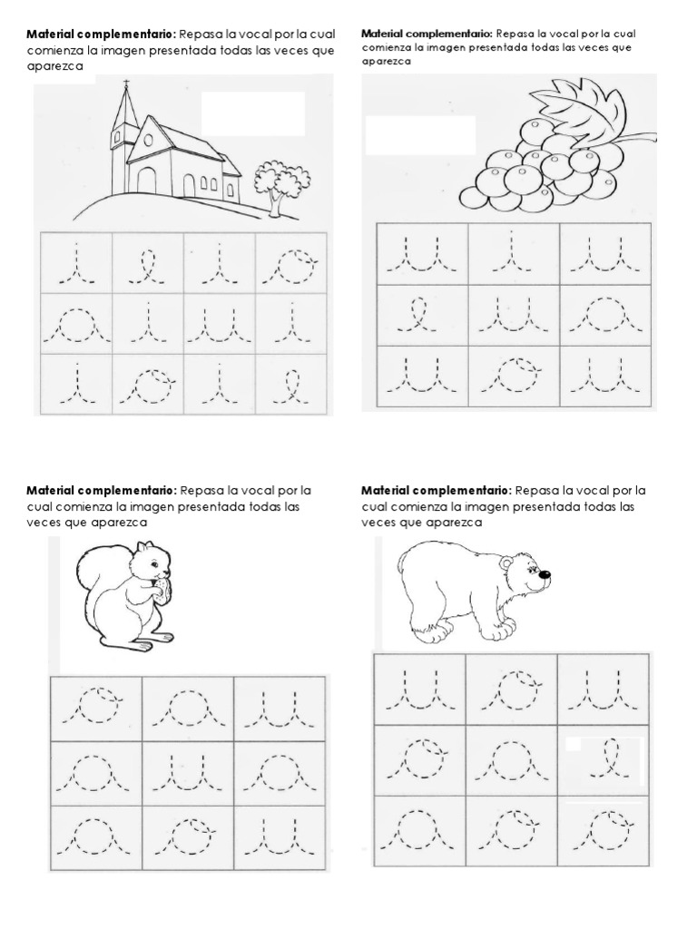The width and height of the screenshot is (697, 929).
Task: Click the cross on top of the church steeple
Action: point(126,88)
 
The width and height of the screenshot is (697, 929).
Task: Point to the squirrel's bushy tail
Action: point(97,581)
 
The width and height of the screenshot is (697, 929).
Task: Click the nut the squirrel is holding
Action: point(162,592)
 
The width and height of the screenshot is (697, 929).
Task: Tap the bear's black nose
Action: point(545,573)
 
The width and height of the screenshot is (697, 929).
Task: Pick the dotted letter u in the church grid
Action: point(219,324)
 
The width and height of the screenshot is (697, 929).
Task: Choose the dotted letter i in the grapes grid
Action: point(512,255)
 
